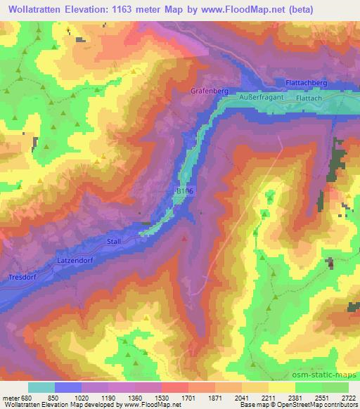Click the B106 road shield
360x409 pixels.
pos(182,190)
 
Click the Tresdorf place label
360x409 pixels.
pos(21,276)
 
